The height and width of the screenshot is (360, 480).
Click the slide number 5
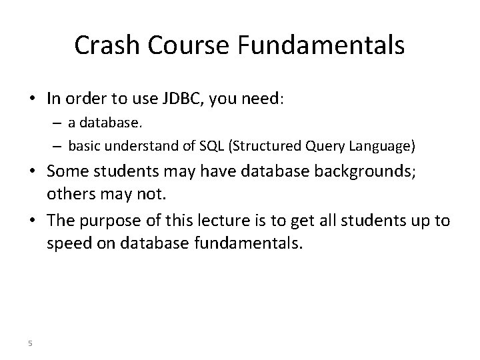tap(30, 343)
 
